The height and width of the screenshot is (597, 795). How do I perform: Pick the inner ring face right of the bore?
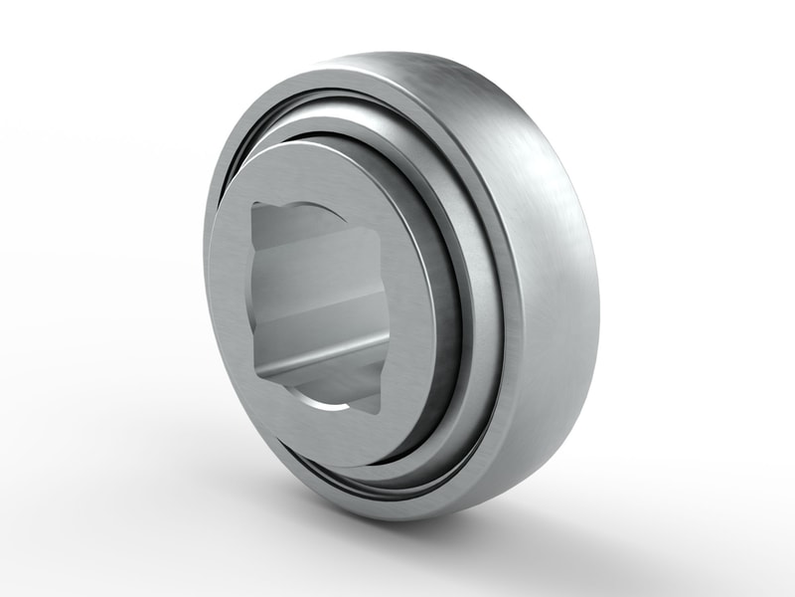412,298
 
